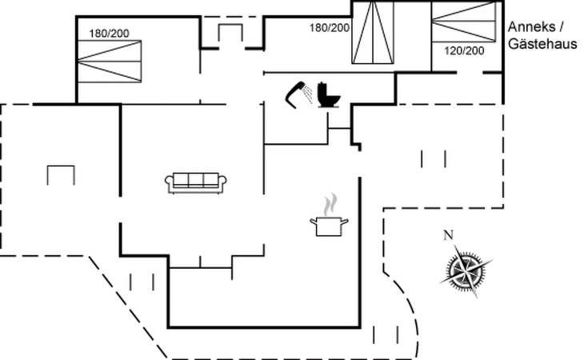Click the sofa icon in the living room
click(197, 182)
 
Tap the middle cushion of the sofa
click(197, 180)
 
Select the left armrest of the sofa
click(169, 183)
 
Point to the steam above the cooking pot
click(328, 205)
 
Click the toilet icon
click(328, 94)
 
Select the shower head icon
click(298, 92)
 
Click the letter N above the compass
click(449, 234)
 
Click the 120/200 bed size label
click(464, 50)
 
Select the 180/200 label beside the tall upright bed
click(330, 28)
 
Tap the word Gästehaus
click(542, 45)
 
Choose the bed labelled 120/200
click(463, 22)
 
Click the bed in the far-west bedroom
click(110, 58)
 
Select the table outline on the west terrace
click(62, 173)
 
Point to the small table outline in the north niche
click(230, 33)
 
